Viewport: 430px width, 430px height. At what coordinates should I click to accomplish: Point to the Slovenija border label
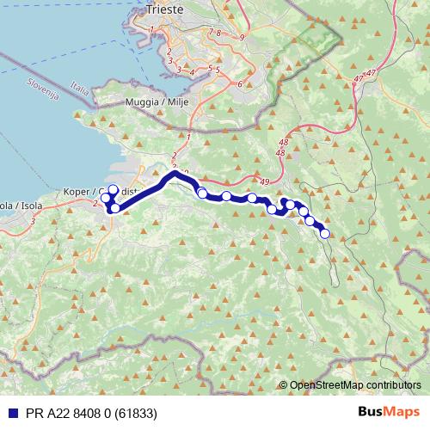[x=43, y=89]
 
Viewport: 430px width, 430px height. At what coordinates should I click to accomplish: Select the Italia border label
[x=80, y=89]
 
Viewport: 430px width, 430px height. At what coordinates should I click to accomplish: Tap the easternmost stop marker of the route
[x=324, y=233]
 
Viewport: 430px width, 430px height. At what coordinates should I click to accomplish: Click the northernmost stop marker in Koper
[x=113, y=189]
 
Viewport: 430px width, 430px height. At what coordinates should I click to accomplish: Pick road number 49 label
[x=263, y=182]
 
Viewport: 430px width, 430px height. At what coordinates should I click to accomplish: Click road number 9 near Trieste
[x=243, y=37]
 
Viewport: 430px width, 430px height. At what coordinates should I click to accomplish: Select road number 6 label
[x=239, y=83]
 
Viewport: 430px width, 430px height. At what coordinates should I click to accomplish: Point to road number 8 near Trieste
[x=219, y=33]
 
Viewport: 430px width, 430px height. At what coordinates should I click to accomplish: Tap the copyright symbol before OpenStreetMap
[x=284, y=385]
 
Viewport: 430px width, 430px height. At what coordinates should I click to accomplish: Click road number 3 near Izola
[x=33, y=222]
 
